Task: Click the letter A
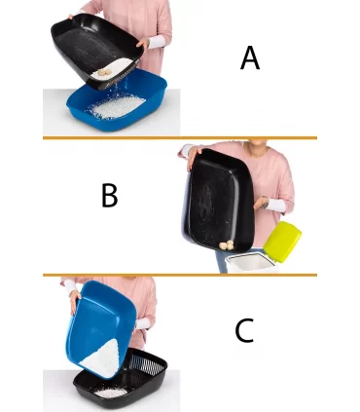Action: click(250, 57)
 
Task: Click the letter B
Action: click(110, 195)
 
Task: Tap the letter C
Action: click(244, 330)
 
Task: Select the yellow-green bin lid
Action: click(282, 242)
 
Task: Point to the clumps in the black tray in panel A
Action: click(105, 73)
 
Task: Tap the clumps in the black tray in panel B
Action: click(227, 245)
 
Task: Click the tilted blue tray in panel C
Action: click(100, 328)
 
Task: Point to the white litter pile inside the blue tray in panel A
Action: click(117, 105)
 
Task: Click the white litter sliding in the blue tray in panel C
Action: click(101, 358)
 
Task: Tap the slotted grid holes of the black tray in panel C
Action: click(148, 364)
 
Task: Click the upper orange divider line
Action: click(180, 138)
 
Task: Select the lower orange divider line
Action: click(180, 275)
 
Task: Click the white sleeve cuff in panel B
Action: click(275, 206)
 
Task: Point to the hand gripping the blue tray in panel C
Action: click(75, 298)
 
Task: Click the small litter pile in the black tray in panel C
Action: click(111, 393)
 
